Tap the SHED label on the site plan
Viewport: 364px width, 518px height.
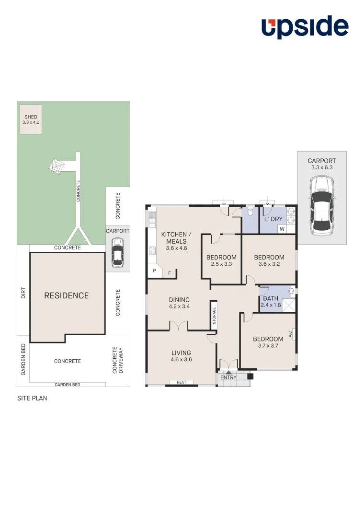point(31,117)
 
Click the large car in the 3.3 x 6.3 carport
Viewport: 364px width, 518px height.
point(321,206)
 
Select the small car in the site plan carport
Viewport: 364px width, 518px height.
point(117,253)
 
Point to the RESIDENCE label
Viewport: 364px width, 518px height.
point(67,295)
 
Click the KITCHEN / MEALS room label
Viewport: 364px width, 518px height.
point(176,238)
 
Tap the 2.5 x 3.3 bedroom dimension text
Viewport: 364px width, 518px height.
point(221,264)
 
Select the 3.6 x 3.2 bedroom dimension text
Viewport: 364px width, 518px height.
point(269,264)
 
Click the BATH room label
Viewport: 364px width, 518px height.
point(271,298)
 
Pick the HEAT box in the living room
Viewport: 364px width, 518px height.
point(182,382)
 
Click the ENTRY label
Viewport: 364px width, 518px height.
point(228,377)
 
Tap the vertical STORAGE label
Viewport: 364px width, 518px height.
point(214,316)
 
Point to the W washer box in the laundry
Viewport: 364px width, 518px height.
point(282,229)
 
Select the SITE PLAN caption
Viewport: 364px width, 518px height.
point(32,398)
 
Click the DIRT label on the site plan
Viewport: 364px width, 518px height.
point(23,293)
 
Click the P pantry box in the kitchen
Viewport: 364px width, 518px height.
point(154,271)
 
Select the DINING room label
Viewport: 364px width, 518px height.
point(179,300)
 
